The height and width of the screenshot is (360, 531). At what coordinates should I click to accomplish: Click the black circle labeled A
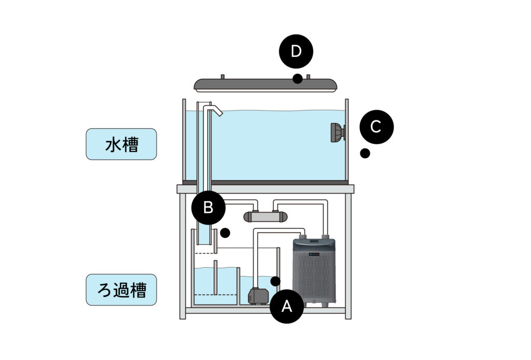(286, 306)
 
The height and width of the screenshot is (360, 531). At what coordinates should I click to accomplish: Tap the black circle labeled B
(208, 208)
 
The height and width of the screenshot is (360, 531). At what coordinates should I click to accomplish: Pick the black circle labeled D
(296, 51)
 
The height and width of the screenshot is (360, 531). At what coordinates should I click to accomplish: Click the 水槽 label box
(121, 144)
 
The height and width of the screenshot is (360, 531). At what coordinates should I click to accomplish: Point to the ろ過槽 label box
(121, 289)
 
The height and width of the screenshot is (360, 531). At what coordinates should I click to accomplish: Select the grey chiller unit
(314, 272)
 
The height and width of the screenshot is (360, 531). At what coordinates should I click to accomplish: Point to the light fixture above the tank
(265, 85)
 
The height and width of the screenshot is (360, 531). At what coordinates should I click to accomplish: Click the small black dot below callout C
(365, 153)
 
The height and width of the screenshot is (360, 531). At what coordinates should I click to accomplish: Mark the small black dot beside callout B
(225, 233)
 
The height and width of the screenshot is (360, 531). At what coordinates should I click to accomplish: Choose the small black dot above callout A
(275, 281)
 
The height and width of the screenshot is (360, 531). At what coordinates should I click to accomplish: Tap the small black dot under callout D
(297, 78)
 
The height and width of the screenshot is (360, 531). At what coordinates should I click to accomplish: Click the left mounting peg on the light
(222, 77)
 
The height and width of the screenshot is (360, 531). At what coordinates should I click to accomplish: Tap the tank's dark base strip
(265, 182)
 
